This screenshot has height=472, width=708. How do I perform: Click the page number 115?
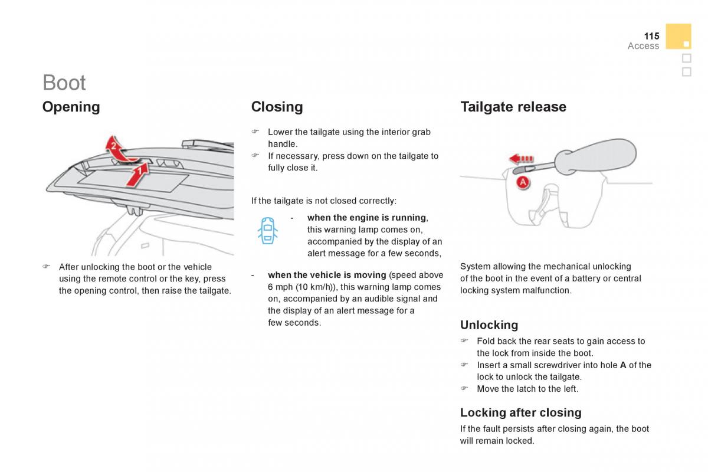click(651, 36)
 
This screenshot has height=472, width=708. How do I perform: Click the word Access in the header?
click(643, 46)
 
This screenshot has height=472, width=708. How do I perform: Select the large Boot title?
click(64, 83)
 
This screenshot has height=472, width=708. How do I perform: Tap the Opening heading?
click(71, 107)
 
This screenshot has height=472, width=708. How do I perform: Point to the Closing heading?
click(277, 107)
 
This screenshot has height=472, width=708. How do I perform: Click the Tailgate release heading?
click(513, 107)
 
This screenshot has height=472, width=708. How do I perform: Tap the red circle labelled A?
click(523, 183)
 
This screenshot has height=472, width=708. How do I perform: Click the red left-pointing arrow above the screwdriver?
click(522, 159)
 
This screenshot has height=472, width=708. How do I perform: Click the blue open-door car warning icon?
click(268, 230)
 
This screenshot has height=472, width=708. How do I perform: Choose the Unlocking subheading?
click(489, 325)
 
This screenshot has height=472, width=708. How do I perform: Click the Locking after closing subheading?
click(520, 412)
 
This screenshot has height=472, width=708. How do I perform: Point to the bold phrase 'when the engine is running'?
click(366, 218)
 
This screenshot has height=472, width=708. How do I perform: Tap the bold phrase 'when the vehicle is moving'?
click(327, 275)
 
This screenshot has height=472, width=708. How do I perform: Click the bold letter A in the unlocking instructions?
click(623, 365)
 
